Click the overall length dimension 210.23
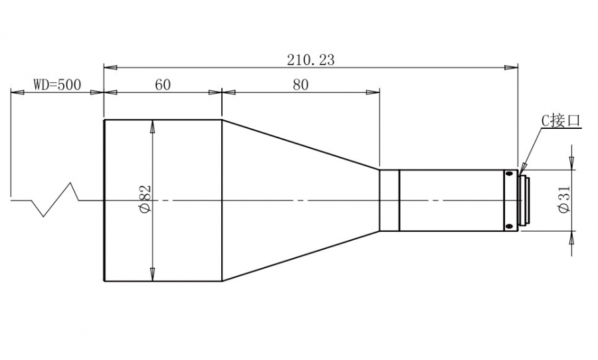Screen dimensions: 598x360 point(310,60)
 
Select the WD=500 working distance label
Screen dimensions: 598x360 point(57,84)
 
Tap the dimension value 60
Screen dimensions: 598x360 point(163,84)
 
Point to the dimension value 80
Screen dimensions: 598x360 point(300,84)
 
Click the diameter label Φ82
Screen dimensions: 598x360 point(146,199)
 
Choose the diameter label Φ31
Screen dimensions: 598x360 point(564,199)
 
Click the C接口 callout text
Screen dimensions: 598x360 point(561,121)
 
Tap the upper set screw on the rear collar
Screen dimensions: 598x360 point(509,174)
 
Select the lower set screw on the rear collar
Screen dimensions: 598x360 point(509,226)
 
